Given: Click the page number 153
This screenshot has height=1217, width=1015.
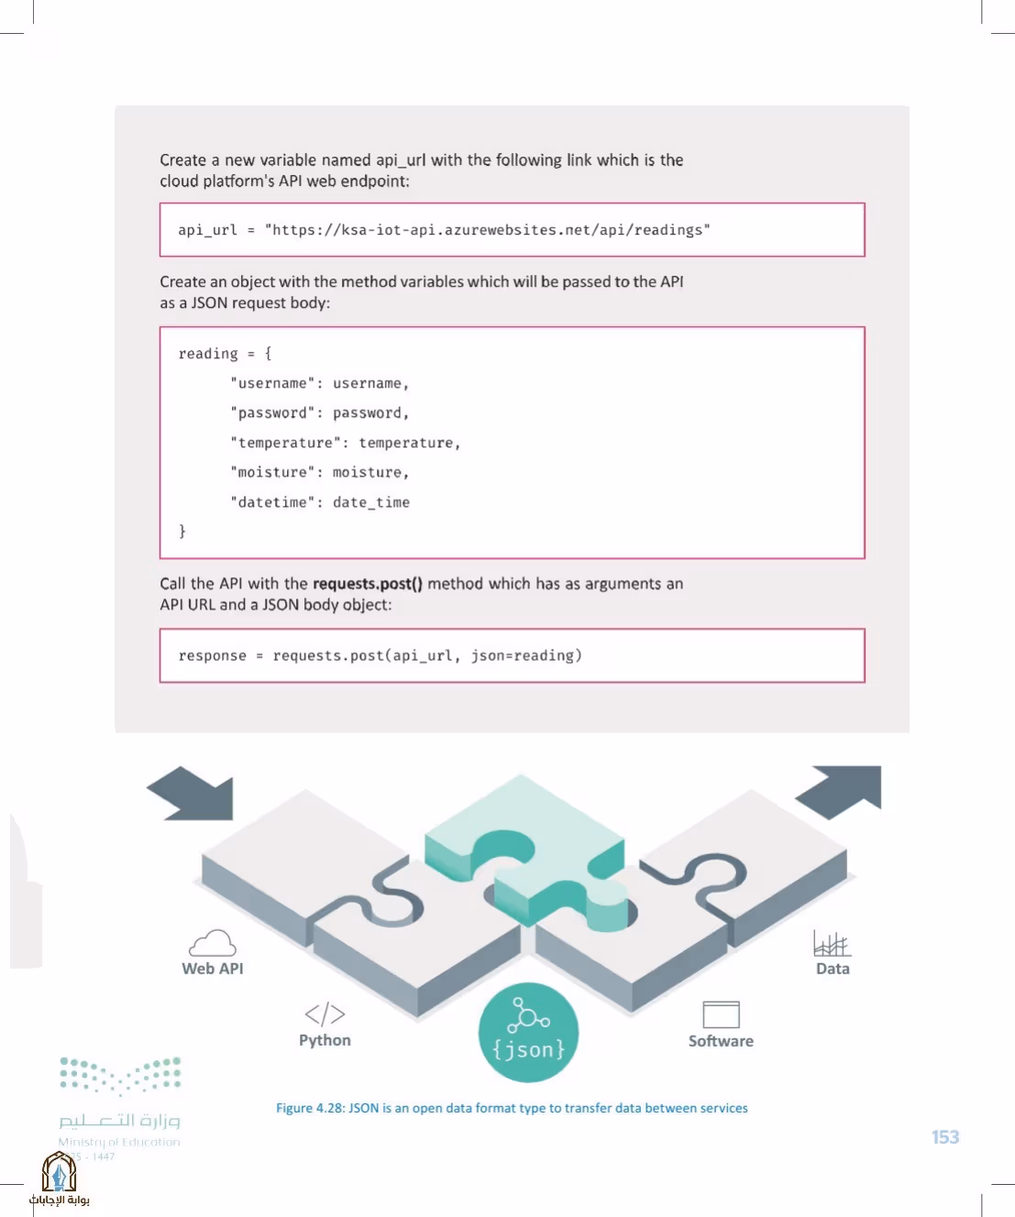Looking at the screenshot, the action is (x=945, y=1136).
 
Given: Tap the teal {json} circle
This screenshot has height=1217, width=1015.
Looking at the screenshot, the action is (x=528, y=1032).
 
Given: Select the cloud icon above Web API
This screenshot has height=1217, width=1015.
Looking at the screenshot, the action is (x=213, y=942).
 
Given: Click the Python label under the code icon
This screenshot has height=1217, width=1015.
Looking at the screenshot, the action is (x=325, y=1040).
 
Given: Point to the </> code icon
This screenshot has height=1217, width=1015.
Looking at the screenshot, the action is (x=325, y=1014).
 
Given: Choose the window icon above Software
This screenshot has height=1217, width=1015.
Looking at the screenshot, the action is (x=721, y=1014).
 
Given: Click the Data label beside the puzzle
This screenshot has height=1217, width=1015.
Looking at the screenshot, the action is (x=833, y=969).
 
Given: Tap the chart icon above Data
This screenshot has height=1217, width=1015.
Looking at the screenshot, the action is (x=833, y=943).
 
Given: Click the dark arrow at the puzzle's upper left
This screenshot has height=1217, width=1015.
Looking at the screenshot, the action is (x=192, y=794).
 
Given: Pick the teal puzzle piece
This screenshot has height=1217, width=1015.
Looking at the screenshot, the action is (x=525, y=851).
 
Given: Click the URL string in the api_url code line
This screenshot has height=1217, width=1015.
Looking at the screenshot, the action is (x=488, y=230).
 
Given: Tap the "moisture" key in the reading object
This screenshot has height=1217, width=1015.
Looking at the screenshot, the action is (x=272, y=472).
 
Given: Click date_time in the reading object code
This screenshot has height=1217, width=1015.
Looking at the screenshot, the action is (x=371, y=502).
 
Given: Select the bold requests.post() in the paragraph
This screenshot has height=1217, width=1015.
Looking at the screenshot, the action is (x=368, y=584).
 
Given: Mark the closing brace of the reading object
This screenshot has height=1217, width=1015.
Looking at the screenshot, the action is (x=182, y=531).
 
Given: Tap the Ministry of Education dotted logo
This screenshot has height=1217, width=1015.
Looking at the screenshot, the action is (x=120, y=1076).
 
